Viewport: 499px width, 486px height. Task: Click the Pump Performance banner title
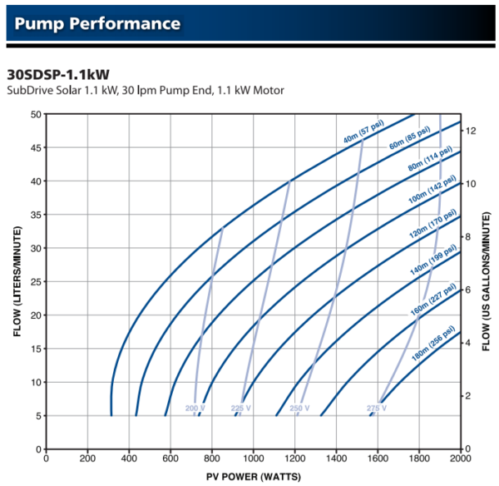point(97,22)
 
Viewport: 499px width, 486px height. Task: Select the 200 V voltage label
point(195,409)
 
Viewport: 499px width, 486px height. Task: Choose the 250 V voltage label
point(298,409)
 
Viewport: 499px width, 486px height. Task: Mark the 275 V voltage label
point(378,409)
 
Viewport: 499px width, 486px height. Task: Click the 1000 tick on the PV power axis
point(253,458)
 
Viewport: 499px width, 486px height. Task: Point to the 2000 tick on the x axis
point(461,458)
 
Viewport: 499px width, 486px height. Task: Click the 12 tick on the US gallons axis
point(471,131)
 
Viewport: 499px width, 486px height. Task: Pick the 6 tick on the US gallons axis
point(470,290)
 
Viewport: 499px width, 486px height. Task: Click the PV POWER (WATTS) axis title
point(253,477)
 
